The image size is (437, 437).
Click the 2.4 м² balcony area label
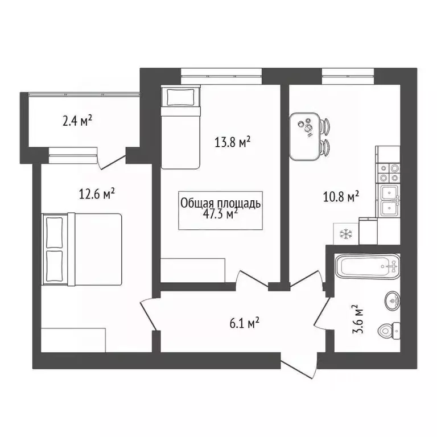coord(77,121)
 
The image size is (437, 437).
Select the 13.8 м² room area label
coord(233,142)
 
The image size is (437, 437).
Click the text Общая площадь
coord(220,203)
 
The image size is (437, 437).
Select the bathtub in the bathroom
coord(367,266)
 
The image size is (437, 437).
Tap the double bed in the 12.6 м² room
coord(83,249)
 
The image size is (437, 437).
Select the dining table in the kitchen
coord(306,136)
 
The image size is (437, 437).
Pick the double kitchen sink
coord(389,201)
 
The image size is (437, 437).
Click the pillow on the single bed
coord(180,97)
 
